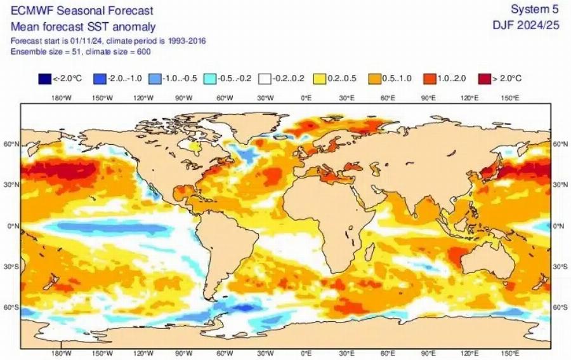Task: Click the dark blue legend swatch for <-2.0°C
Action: click(44, 79)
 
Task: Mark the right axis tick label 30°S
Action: click(559, 267)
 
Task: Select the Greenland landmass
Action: click(251, 127)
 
